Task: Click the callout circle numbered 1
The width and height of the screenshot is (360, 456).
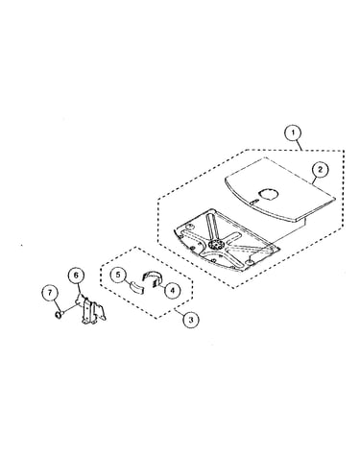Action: click(294, 134)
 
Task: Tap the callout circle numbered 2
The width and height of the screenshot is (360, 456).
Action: click(322, 170)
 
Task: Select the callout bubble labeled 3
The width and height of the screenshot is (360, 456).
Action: click(191, 320)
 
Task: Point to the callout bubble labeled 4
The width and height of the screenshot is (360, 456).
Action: click(172, 291)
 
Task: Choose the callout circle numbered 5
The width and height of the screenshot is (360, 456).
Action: click(119, 276)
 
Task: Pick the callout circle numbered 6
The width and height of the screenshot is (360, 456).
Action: click(76, 276)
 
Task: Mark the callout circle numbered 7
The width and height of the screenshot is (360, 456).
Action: click(50, 293)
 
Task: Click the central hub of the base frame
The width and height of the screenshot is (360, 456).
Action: click(215, 246)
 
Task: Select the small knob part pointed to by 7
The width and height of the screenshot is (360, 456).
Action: click(59, 315)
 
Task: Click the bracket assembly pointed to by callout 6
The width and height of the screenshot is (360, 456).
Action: click(90, 309)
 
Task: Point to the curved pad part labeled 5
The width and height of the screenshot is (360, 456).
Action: click(136, 286)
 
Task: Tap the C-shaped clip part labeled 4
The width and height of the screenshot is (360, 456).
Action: click(153, 276)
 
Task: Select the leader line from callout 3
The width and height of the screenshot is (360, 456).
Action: click(179, 311)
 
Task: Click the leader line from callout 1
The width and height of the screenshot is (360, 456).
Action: click(300, 146)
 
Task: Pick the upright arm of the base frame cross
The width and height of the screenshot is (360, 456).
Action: click(211, 227)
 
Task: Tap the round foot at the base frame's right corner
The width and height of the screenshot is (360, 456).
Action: click(248, 262)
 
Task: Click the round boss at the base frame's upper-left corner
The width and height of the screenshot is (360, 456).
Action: click(190, 227)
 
